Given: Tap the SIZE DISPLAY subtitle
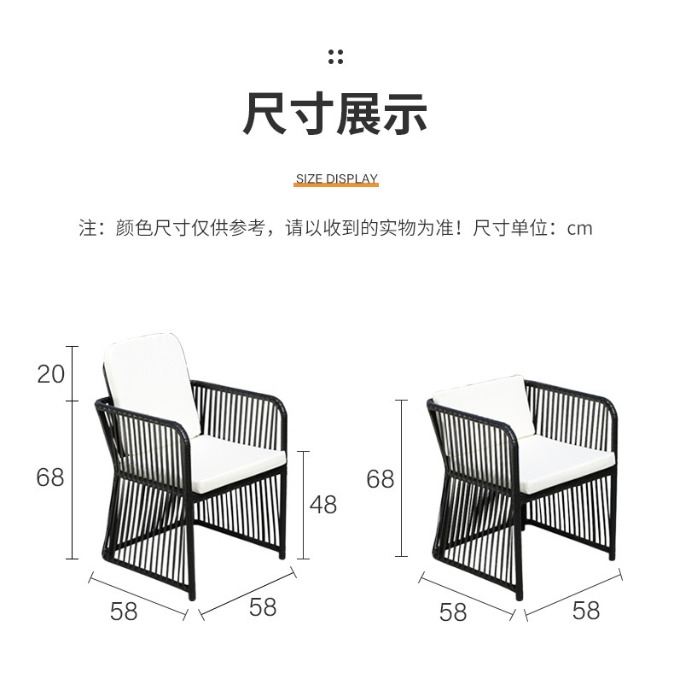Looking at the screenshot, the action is [x=336, y=179].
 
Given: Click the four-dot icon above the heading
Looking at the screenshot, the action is [x=336, y=56].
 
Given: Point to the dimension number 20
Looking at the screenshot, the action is [x=51, y=373].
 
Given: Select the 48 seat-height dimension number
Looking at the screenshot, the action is [x=322, y=504].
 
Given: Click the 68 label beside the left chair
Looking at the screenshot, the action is [x=50, y=477].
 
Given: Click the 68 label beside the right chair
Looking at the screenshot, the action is [x=381, y=479].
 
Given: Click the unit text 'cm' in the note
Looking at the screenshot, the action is [x=580, y=228].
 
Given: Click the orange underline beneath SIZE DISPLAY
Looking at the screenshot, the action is [x=336, y=186].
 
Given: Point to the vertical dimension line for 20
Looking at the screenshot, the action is [x=73, y=373].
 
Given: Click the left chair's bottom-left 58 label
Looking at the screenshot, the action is [x=124, y=612].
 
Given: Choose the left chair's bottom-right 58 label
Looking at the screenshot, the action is [x=263, y=606].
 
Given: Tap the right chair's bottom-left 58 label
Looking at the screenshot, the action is [x=453, y=612].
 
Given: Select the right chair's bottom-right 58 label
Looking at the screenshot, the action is [x=586, y=610].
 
